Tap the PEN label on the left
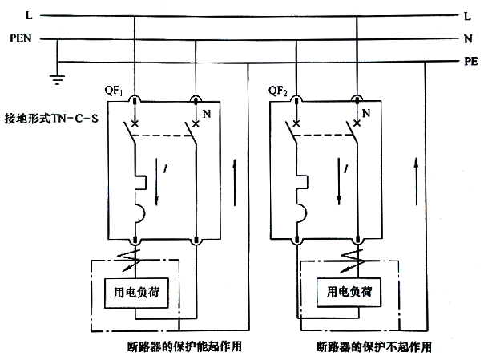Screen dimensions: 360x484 [x=20, y=38]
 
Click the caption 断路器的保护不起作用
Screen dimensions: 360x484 [x=373, y=346]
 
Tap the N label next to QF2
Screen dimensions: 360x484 [x=366, y=115]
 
